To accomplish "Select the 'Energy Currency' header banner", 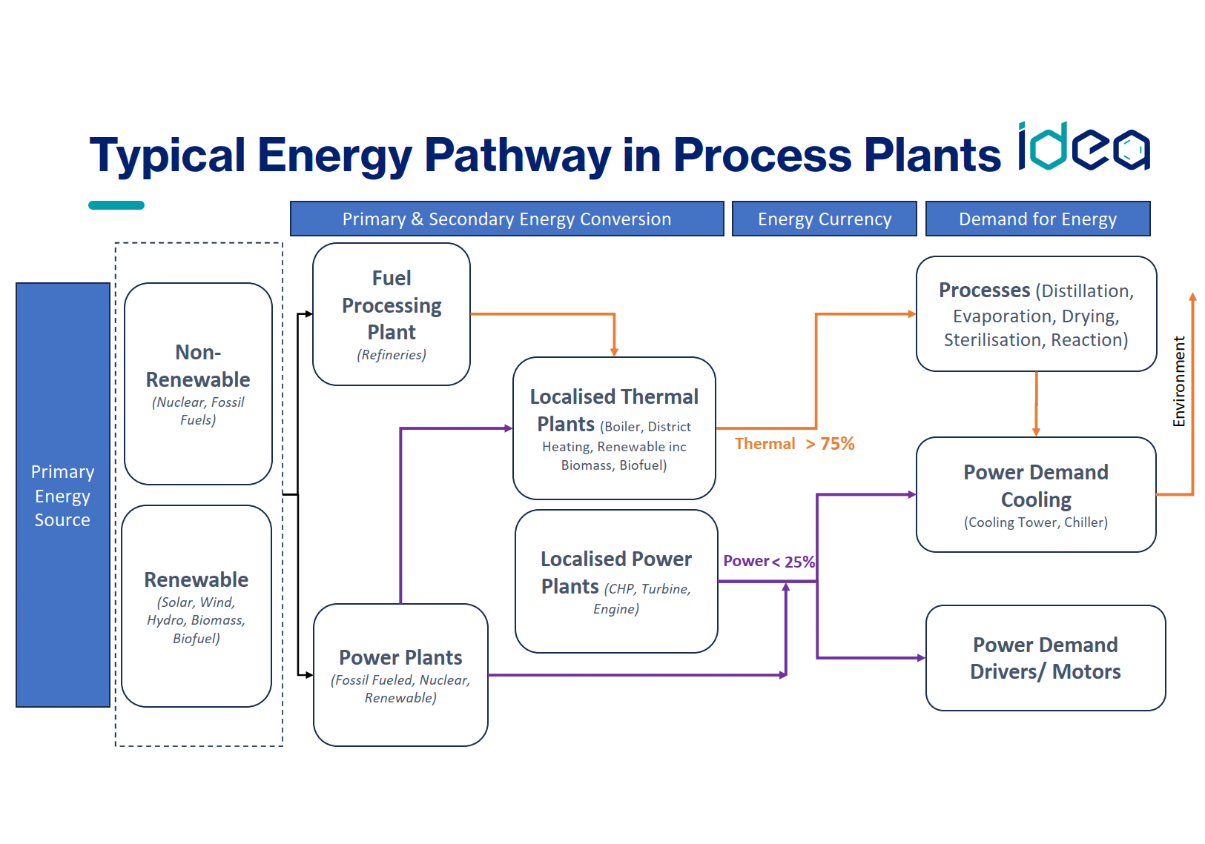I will (824, 219).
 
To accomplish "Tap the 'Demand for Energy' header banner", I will (1037, 219).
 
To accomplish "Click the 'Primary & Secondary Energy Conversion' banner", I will (506, 219).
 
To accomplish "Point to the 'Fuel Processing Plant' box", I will (392, 313).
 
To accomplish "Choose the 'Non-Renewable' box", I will (198, 383).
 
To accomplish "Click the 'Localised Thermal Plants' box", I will (614, 428).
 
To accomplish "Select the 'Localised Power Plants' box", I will (616, 581).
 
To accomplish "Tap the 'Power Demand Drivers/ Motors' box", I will (1045, 658).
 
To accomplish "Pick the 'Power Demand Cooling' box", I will (1036, 495).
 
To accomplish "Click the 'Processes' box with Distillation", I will (1036, 314).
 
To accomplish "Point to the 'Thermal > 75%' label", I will (794, 444).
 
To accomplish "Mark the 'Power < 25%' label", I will (769, 562).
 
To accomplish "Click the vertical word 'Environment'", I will (1178, 382).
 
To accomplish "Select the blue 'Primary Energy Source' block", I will (63, 495).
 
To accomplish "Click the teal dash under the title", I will (116, 205).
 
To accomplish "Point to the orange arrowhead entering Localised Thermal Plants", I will (614, 352).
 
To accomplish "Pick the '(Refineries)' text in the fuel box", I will (392, 355).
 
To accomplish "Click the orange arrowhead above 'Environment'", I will (1192, 296).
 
